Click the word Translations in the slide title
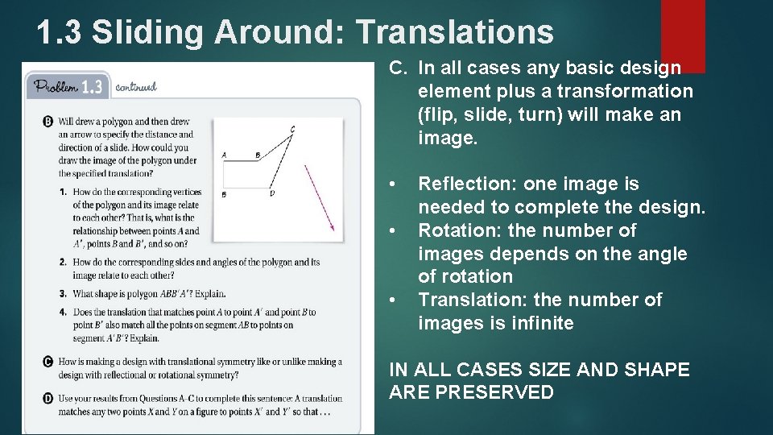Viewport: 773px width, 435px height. pos(455,32)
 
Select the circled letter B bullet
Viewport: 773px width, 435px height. pos(48,122)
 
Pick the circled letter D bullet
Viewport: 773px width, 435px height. pos(48,397)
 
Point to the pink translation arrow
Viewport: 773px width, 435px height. pos(320,197)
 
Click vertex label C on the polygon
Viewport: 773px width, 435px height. pos(292,129)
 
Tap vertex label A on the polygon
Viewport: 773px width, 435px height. pos(223,154)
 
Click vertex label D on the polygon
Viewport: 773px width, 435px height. pos(271,194)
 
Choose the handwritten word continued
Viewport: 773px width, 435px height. pos(136,86)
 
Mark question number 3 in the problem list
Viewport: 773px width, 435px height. pos(63,293)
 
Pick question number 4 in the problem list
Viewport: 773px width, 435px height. pos(63,312)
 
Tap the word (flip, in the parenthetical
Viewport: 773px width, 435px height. pos(436,114)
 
